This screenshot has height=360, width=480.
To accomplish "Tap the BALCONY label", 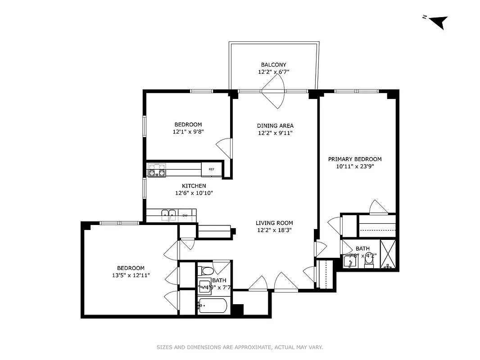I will click(x=273, y=65).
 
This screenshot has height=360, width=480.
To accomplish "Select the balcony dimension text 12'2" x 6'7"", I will click(x=273, y=72).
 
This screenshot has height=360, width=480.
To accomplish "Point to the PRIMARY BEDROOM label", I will click(x=354, y=159).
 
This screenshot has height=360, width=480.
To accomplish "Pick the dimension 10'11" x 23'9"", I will click(x=354, y=166).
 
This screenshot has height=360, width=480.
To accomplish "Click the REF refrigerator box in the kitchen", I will click(x=211, y=169).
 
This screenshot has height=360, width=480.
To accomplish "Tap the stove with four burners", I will click(x=157, y=170).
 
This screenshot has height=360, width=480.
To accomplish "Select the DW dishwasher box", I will click(x=185, y=216).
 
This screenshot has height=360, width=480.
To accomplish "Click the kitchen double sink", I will click(x=169, y=215).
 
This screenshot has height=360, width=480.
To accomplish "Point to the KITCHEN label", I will click(x=194, y=186).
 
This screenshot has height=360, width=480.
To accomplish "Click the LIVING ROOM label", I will click(x=274, y=223).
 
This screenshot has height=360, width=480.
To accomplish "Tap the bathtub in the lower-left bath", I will click(x=214, y=306).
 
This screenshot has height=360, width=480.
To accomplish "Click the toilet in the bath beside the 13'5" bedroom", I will click(x=206, y=271).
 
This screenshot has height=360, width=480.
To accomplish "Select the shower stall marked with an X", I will click(x=388, y=254).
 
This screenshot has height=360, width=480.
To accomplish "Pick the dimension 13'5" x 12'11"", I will click(x=131, y=275).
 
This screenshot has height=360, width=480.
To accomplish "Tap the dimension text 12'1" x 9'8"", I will click(x=188, y=132).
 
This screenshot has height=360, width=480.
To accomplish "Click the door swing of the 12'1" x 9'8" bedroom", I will click(x=224, y=148).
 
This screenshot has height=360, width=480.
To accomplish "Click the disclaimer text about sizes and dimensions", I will click(x=240, y=347).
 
